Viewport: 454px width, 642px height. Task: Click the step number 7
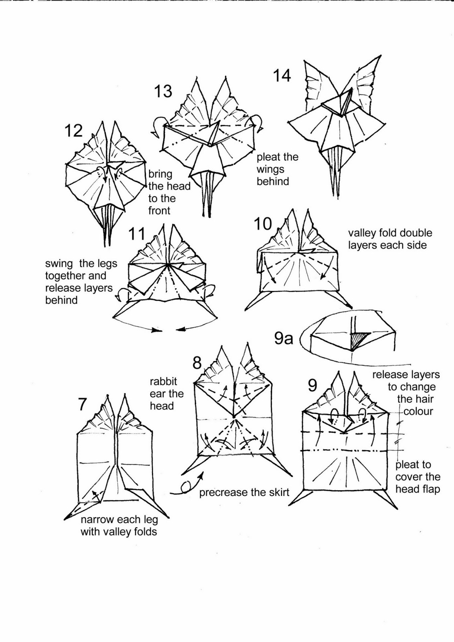point(82,404)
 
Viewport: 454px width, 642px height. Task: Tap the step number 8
point(197,363)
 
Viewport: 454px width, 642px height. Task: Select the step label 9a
point(284,339)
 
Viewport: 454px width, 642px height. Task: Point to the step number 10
point(263,224)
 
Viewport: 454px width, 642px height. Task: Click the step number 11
point(137,234)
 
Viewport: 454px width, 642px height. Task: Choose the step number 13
point(163,91)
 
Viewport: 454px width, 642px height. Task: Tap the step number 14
point(282,75)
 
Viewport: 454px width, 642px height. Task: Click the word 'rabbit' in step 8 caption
point(163,381)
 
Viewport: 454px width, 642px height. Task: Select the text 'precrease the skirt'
point(244,492)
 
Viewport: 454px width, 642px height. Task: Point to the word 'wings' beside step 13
point(270,169)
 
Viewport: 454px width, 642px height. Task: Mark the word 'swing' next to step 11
point(59,264)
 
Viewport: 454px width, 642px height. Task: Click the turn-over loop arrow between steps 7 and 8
point(185,487)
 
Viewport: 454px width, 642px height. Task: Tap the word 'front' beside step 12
point(159,210)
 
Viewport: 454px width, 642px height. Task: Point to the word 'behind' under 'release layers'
point(61,300)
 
